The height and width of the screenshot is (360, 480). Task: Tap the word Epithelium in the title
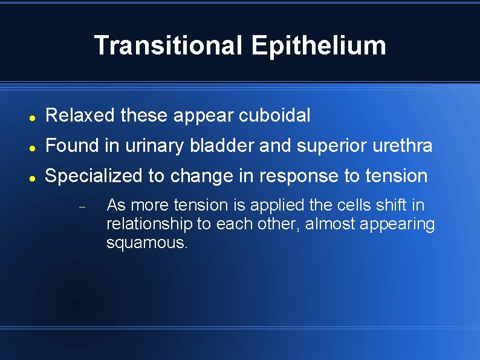click(318, 45)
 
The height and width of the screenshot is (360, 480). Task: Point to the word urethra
click(404, 146)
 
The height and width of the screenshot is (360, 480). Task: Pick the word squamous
click(147, 243)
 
